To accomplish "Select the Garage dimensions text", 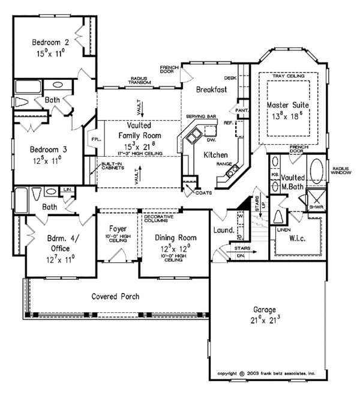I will tap(264, 321).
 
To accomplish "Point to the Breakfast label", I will tap(211, 90).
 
